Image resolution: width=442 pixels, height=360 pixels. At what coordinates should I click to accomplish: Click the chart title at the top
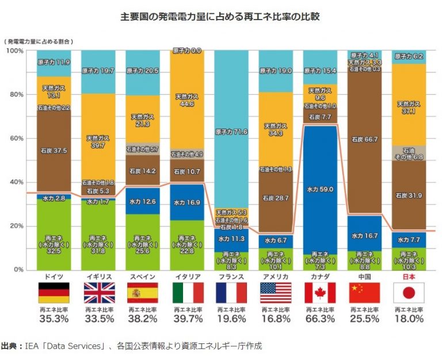[x=220, y=17]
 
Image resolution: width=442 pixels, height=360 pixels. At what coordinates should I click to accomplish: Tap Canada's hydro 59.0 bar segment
[x=320, y=189]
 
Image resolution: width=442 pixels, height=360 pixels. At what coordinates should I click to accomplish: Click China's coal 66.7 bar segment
[x=364, y=140]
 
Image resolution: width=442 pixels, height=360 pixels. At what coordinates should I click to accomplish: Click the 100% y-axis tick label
[x=13, y=51]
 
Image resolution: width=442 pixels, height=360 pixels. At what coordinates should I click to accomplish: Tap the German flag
[x=53, y=293]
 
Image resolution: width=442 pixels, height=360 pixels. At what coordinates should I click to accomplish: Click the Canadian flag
[x=320, y=293]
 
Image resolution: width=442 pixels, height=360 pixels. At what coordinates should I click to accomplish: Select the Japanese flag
[x=409, y=293]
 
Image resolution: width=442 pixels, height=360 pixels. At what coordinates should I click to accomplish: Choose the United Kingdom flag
[x=98, y=293]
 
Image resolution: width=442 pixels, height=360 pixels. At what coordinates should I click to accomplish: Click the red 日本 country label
[x=409, y=276]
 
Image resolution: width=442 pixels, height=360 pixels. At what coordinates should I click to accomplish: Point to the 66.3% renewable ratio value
[x=320, y=319]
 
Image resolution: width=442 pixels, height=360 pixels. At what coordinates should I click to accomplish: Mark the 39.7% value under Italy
[x=187, y=319]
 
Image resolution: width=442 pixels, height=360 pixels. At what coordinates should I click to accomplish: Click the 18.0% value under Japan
[x=409, y=319]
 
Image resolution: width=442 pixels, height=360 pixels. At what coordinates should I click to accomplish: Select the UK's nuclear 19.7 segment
[x=98, y=71]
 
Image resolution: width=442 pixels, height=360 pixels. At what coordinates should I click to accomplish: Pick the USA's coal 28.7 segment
[x=276, y=197]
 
